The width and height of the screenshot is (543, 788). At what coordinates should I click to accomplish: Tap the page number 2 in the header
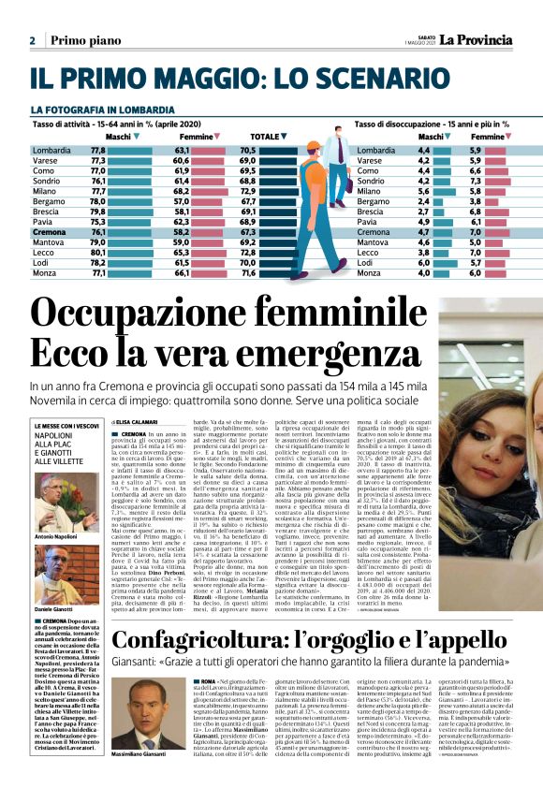[x=32, y=41]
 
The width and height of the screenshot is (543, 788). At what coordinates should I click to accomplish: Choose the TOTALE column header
[x=265, y=137]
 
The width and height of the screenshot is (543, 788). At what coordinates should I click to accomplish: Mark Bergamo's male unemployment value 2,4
[x=423, y=201]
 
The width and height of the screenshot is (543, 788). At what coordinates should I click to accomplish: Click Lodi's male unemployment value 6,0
[x=423, y=262]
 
